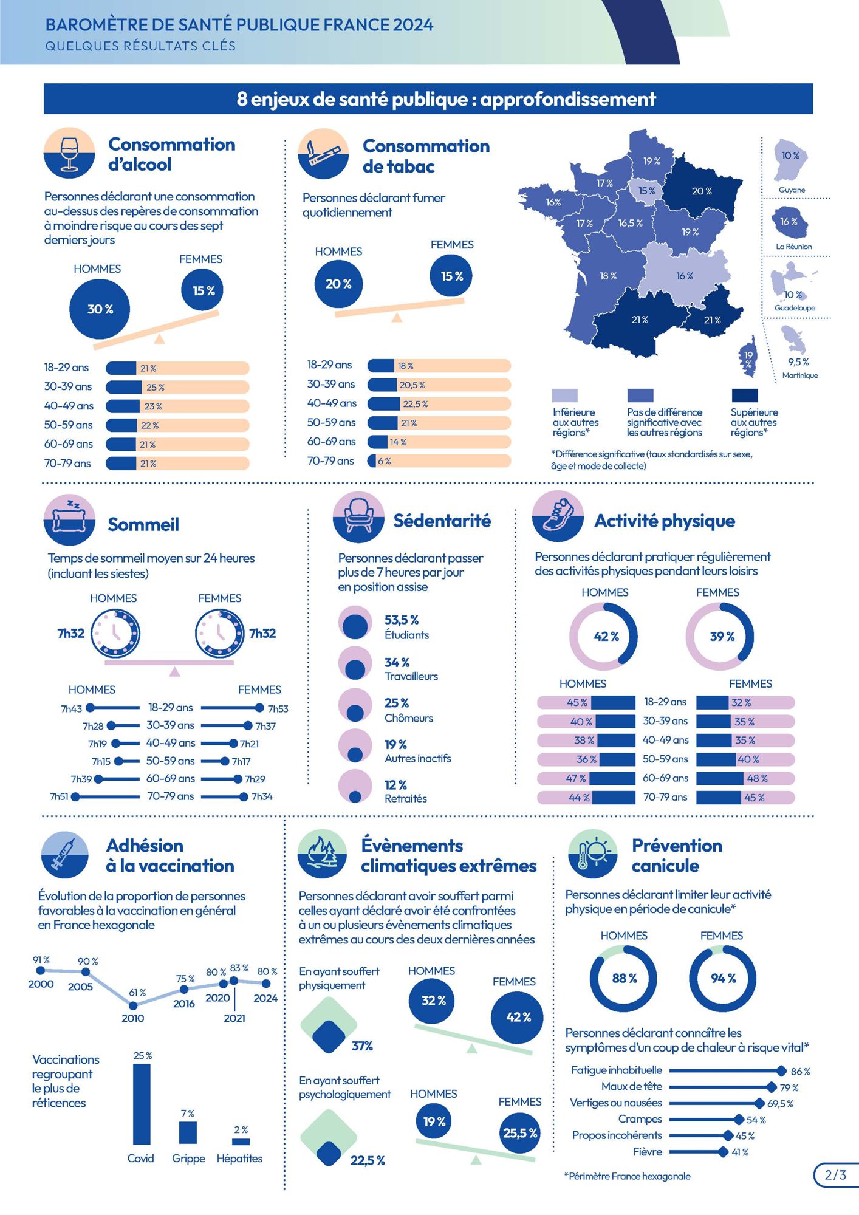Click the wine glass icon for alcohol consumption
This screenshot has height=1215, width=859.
69,153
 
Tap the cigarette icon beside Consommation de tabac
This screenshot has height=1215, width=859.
323,154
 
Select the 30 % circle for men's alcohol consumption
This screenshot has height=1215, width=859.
100,309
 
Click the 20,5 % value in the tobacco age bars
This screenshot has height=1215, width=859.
412,385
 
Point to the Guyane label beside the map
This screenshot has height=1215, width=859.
792,190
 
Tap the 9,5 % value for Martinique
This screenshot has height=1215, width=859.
798,362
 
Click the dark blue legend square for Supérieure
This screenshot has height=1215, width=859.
745,395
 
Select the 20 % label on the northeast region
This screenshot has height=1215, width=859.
702,191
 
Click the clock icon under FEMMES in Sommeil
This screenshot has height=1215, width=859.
219,634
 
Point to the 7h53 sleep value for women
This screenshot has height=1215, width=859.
278,709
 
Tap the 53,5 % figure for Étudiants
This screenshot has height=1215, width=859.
402,620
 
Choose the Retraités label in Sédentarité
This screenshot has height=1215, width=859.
406,798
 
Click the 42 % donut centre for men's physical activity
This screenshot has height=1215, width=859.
606,637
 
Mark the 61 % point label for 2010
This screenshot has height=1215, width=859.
137,993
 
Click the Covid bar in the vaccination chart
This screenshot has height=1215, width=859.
142,1104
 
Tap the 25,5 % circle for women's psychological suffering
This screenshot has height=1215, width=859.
520,1133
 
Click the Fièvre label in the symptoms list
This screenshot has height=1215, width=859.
648,1152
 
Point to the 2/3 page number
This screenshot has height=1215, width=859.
836,1175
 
